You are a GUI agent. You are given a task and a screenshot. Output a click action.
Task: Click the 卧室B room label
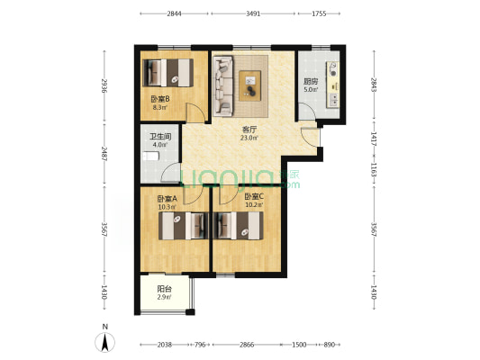(160, 99)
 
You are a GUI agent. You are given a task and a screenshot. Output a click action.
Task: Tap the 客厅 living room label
(249, 130)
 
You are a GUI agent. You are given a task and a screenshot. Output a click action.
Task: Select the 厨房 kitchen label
(311, 82)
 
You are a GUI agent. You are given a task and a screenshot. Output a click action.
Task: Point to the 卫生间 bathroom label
(160, 137)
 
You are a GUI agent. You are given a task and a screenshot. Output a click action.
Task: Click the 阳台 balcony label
(165, 289)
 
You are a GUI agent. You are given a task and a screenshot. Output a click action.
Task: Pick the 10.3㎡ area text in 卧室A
(168, 207)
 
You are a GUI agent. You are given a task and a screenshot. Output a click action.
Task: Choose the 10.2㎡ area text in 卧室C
(254, 204)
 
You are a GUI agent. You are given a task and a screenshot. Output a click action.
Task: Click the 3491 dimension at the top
(253, 13)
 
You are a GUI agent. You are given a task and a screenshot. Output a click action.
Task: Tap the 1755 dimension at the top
(319, 13)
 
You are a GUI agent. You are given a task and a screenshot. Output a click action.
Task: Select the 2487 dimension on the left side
(104, 154)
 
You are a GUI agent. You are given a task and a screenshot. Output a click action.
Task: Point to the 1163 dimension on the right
(374, 169)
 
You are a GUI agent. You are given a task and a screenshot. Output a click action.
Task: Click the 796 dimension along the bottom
(200, 345)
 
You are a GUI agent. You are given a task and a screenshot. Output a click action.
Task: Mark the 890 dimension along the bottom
(329, 345)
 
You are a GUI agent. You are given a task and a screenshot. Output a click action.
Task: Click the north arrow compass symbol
(105, 342)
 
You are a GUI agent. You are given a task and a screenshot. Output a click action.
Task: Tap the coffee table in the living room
(250, 85)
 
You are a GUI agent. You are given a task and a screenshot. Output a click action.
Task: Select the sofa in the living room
(223, 85)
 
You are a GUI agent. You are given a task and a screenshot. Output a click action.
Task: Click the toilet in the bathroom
(151, 156)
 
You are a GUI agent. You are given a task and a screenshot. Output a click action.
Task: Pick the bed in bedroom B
(168, 73)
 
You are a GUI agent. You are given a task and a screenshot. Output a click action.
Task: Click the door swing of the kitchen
(307, 112)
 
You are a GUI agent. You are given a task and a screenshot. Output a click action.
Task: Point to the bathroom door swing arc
(170, 172)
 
